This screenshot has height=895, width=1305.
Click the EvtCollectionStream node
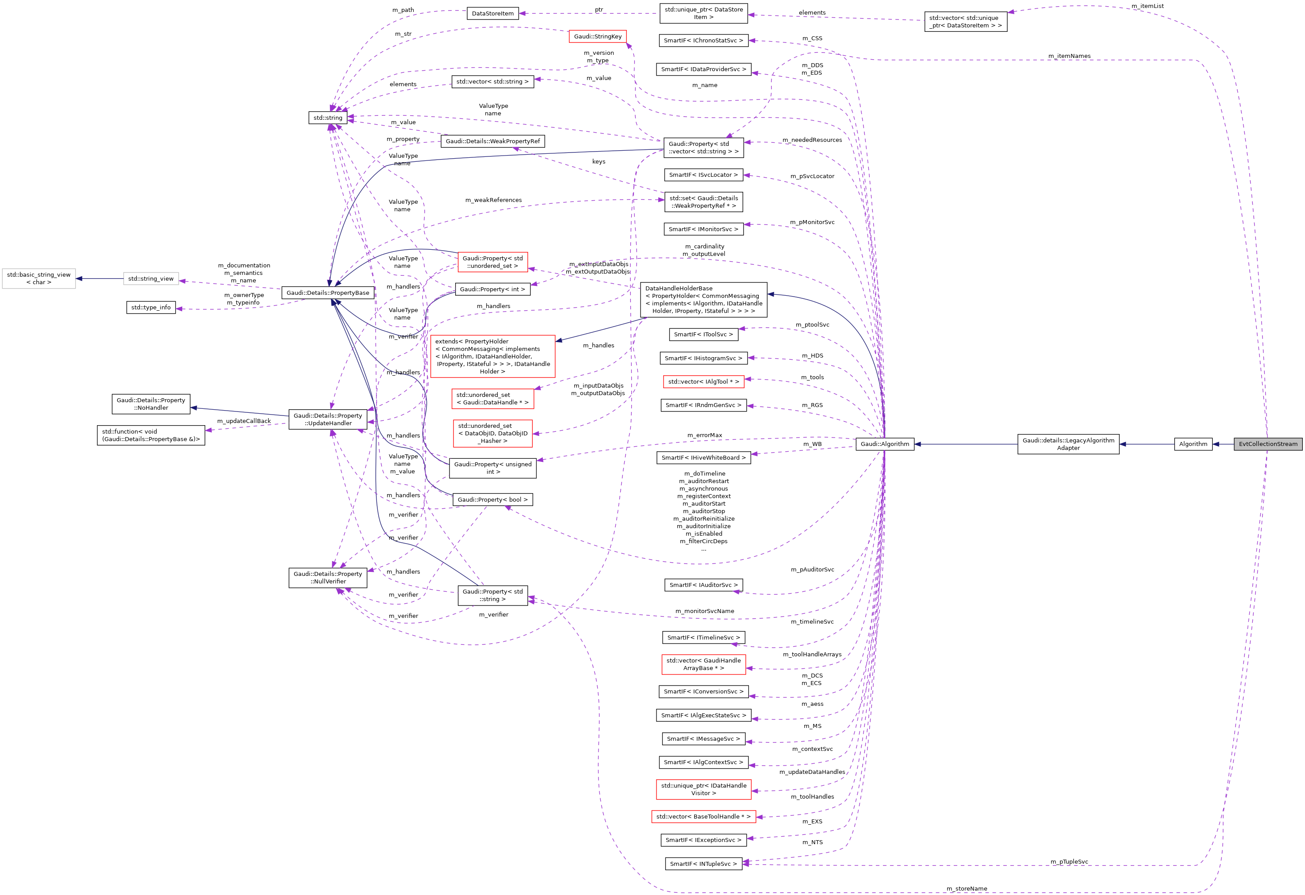(1267, 444)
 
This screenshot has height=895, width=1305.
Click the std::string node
(327, 118)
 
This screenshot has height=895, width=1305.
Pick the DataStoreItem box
(492, 13)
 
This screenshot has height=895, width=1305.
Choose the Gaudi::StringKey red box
(598, 37)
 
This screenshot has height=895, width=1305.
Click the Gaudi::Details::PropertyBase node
(327, 293)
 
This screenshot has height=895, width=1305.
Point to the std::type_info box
(150, 308)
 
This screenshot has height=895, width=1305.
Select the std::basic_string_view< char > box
(39, 278)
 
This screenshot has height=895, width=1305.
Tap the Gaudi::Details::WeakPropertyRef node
(492, 141)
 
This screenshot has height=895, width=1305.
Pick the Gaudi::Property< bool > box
(492, 499)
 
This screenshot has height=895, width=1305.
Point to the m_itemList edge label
(1147, 6)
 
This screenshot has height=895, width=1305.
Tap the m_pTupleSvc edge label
(1069, 862)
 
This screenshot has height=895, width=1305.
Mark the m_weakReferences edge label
(493, 200)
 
